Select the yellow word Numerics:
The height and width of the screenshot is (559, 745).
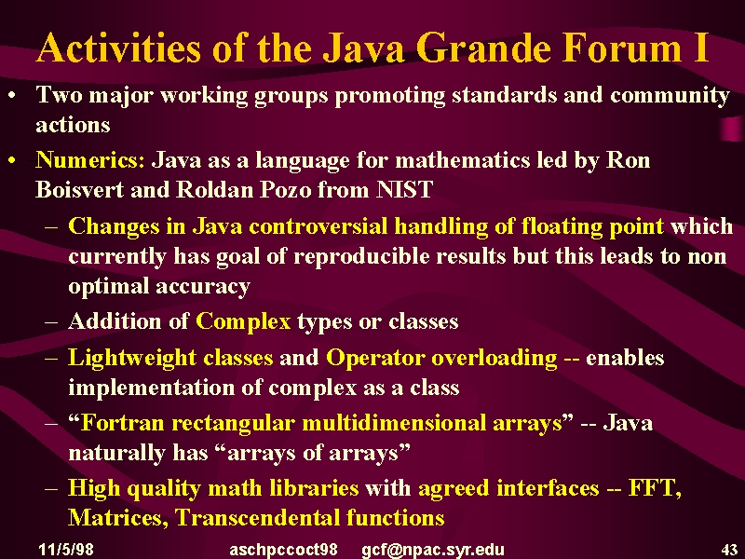pyautogui.click(x=89, y=159)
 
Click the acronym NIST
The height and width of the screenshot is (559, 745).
pyautogui.click(x=404, y=189)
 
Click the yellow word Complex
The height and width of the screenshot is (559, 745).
pyautogui.click(x=243, y=321)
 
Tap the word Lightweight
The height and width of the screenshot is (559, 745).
pyautogui.click(x=132, y=358)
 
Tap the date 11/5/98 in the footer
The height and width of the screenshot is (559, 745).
pyautogui.click(x=66, y=550)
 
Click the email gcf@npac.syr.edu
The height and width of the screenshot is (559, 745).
pyautogui.click(x=433, y=550)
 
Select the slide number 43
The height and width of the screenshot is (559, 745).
pyautogui.click(x=729, y=550)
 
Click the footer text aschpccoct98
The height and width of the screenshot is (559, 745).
pyautogui.click(x=283, y=550)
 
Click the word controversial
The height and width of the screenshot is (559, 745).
pyautogui.click(x=318, y=226)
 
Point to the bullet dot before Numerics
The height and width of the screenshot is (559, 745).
pyautogui.click(x=12, y=160)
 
